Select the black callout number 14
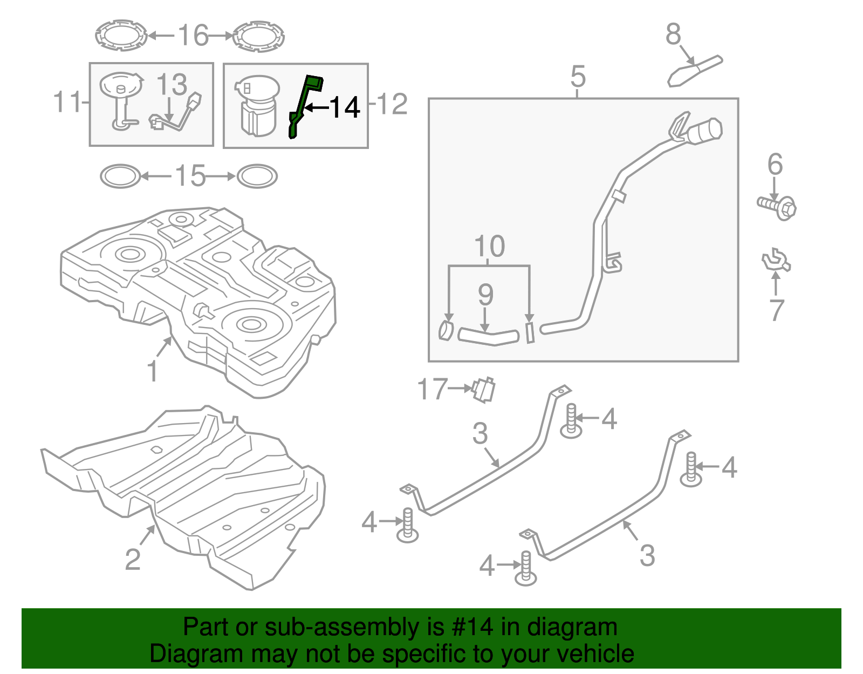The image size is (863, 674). click(x=344, y=108)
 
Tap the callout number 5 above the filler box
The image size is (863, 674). click(x=578, y=77)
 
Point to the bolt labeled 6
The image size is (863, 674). click(x=778, y=206)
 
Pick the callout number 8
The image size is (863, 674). click(x=673, y=34)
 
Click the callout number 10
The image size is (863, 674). click(x=489, y=247)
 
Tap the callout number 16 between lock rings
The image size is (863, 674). click(x=193, y=36)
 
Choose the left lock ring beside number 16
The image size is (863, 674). click(x=121, y=36)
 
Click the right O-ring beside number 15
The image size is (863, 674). click(x=257, y=176)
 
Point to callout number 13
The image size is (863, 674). click(x=172, y=85)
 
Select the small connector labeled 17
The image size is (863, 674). click(x=484, y=390)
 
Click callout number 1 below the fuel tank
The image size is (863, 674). click(x=153, y=372)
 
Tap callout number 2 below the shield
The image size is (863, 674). click(x=133, y=559)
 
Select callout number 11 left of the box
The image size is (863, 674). click(x=67, y=102)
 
